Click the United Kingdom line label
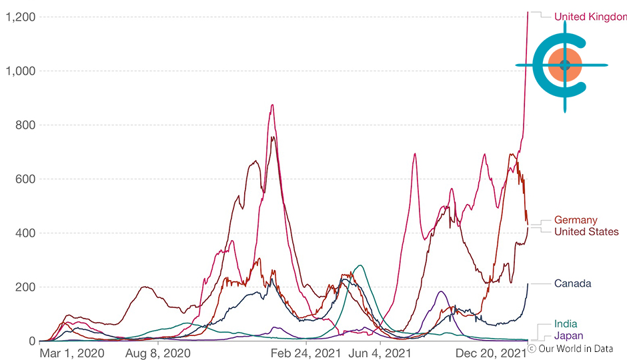[590, 16]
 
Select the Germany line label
[576, 220]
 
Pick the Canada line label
[572, 283]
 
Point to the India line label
[566, 324]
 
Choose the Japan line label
[568, 335]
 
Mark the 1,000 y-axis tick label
[19, 71]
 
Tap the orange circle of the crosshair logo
[564, 65]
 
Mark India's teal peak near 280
[360, 265]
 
